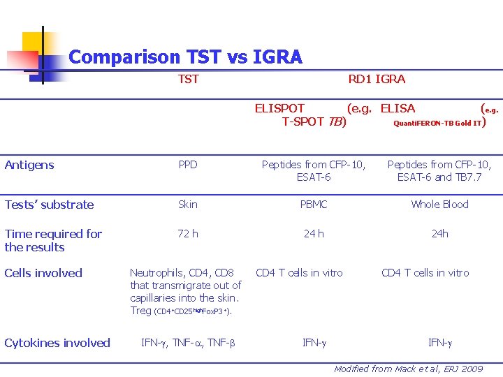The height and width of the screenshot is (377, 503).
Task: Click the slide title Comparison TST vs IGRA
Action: pos(185,57)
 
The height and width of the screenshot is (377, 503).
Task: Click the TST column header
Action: pos(188,79)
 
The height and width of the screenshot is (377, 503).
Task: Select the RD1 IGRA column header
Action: pos(377,79)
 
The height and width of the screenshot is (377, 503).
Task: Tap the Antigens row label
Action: pos(29,165)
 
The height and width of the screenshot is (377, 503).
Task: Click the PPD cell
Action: pos(188,165)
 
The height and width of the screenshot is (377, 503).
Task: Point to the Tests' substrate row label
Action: pos(49,205)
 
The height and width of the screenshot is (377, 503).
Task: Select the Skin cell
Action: pos(188,205)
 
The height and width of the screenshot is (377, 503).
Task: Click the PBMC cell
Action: pos(314,205)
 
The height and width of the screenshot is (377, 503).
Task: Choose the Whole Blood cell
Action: pos(439,205)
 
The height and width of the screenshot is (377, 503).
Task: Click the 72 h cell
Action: pos(188,234)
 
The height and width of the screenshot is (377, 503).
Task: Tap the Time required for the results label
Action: pos(53,240)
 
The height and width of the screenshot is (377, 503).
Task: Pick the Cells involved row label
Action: pos(43,273)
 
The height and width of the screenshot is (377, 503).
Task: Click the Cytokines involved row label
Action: pos(57,343)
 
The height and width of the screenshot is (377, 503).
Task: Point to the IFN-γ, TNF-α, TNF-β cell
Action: pos(188,343)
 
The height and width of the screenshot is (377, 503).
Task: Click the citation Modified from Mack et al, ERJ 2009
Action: pos(408,369)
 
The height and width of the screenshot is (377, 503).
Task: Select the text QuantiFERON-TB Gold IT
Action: pos(438,123)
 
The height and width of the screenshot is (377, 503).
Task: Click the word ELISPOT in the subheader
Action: pos(279,108)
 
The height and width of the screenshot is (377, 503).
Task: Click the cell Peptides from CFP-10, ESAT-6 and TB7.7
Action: pos(439,171)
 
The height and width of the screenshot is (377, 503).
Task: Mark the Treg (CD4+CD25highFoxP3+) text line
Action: pos(180,311)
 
